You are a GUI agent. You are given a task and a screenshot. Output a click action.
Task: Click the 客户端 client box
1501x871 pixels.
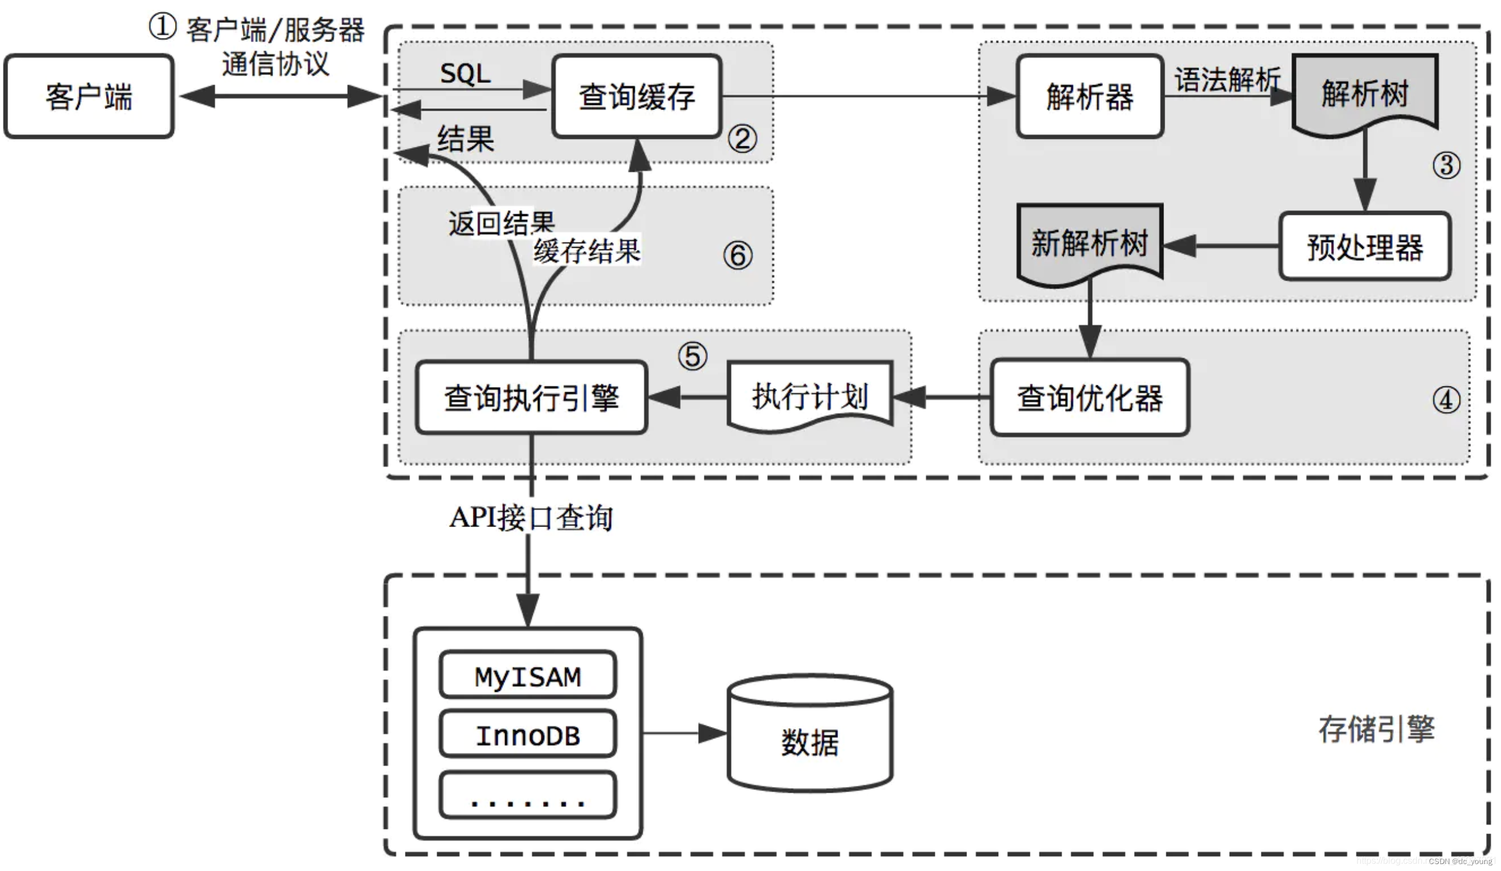tap(89, 97)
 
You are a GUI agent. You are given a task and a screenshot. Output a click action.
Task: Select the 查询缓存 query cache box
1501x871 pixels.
tap(636, 97)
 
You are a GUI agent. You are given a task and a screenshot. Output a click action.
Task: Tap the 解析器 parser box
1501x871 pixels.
tap(1089, 97)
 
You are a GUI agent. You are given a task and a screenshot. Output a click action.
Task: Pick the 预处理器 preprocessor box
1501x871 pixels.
tap(1364, 246)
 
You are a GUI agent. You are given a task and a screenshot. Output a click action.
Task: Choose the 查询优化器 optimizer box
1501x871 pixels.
tap(1089, 397)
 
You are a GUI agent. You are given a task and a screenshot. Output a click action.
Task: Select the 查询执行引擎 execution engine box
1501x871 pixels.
tap(531, 397)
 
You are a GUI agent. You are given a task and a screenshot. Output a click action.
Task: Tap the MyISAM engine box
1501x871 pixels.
tap(528, 676)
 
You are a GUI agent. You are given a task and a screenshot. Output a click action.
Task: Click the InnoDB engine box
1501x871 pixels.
tap(528, 734)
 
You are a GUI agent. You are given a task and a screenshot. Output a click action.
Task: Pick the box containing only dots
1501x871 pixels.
tap(528, 796)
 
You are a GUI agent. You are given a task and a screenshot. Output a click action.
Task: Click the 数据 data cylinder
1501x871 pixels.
tap(809, 742)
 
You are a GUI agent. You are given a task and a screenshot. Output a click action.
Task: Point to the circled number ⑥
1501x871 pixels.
tap(737, 256)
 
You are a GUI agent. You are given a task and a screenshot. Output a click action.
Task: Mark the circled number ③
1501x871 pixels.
tap(1446, 165)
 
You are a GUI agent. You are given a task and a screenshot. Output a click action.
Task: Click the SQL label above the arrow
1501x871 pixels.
tap(465, 74)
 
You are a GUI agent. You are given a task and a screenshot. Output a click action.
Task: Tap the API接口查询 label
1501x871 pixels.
tap(530, 517)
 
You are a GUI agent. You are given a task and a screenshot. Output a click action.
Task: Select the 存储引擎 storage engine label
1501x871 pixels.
tap(1376, 729)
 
